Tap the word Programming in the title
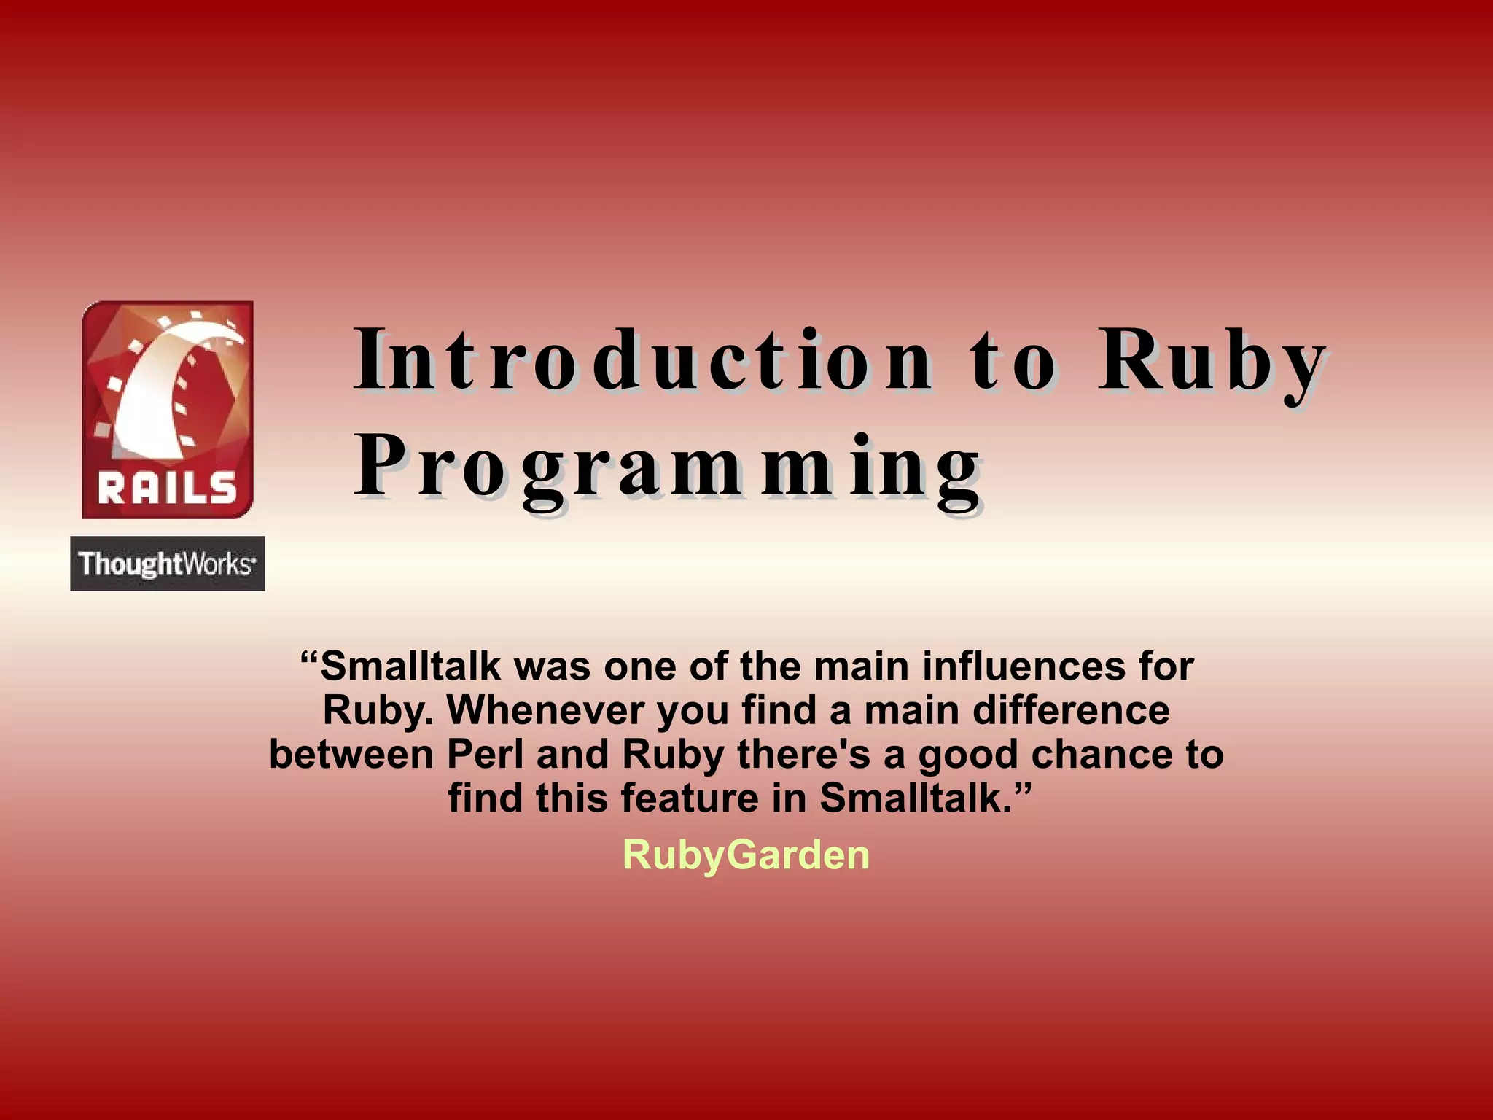pos(667,467)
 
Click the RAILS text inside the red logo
pos(168,488)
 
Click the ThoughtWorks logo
pos(168,564)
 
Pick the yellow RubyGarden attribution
pos(746,855)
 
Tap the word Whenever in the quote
pos(545,710)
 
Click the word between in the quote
pos(351,754)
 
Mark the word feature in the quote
pos(690,798)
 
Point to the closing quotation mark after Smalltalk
pos(1023,787)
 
